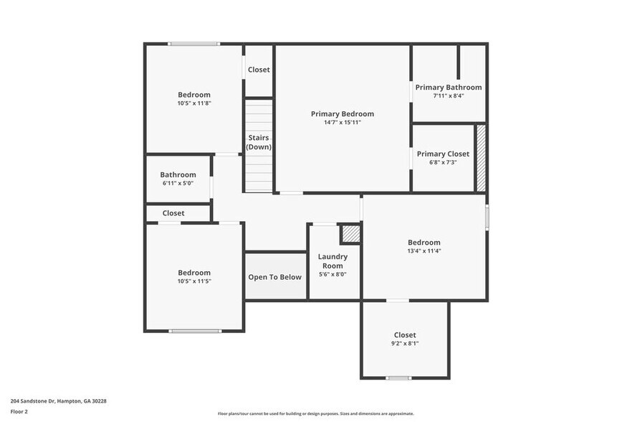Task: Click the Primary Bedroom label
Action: [x=342, y=113]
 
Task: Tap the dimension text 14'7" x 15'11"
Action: [x=342, y=123]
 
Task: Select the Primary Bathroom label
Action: [x=449, y=88]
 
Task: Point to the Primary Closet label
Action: [x=443, y=154]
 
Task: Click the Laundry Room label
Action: [x=332, y=261]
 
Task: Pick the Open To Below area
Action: [x=275, y=276]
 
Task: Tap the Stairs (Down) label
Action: [x=259, y=142]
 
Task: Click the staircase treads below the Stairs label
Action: [x=259, y=176]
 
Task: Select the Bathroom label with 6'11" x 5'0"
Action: [x=178, y=174]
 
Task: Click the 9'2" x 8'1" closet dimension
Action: [x=405, y=344]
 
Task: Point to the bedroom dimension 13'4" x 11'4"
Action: [x=423, y=251]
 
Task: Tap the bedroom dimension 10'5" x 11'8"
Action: [x=194, y=103]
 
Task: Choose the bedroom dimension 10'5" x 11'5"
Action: [x=194, y=281]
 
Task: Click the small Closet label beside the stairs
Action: [x=259, y=70]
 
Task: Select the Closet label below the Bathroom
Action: [x=173, y=213]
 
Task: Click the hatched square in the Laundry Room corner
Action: [x=350, y=235]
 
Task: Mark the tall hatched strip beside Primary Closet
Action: [x=481, y=158]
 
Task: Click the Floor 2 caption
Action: [x=19, y=411]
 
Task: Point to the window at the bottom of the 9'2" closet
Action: [x=398, y=378]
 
